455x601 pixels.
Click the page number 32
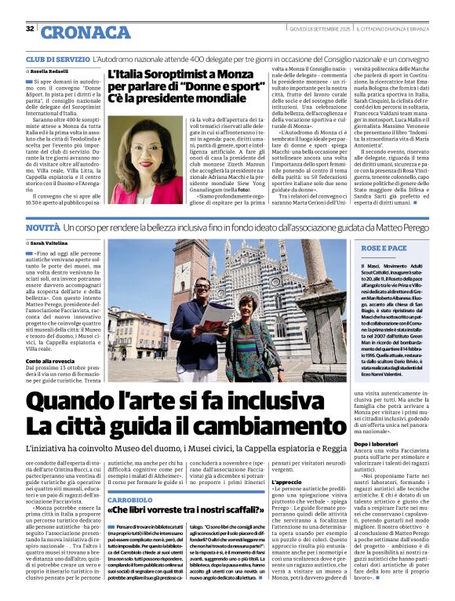29,29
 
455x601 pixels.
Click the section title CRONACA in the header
75,31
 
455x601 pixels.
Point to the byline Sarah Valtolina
49,245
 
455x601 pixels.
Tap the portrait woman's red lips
135,142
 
